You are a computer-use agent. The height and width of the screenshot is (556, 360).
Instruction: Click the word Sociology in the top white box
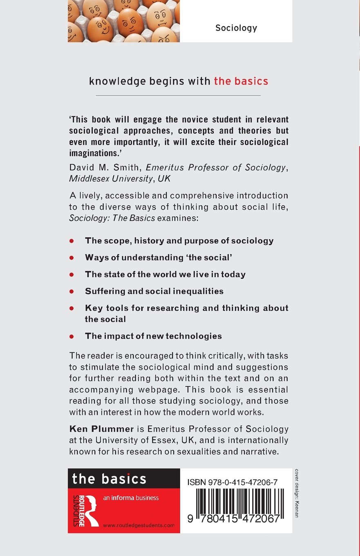click(236, 28)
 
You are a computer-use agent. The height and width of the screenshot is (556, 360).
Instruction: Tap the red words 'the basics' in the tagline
click(241, 81)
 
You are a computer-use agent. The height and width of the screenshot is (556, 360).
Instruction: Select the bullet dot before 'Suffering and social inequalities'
click(72, 292)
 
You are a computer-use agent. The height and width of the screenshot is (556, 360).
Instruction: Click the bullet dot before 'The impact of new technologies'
click(72, 336)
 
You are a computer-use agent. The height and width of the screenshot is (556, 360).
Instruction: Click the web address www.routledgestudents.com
click(139, 525)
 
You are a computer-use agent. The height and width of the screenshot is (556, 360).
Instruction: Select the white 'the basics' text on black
click(109, 479)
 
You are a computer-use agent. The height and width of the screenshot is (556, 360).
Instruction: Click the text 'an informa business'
click(131, 498)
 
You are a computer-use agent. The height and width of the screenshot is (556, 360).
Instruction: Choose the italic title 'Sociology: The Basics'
click(112, 218)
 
